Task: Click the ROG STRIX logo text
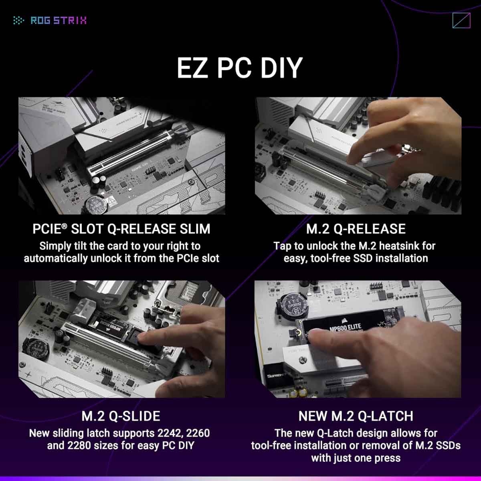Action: tap(58, 20)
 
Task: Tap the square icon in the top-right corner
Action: tap(461, 20)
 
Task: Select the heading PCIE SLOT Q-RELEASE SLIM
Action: tap(121, 229)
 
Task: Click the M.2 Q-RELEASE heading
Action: tap(356, 229)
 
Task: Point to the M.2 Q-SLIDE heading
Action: tap(121, 416)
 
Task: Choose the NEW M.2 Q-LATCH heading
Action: tap(356, 416)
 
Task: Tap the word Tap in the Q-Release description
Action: tap(282, 246)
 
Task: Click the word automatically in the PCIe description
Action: tap(51, 258)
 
